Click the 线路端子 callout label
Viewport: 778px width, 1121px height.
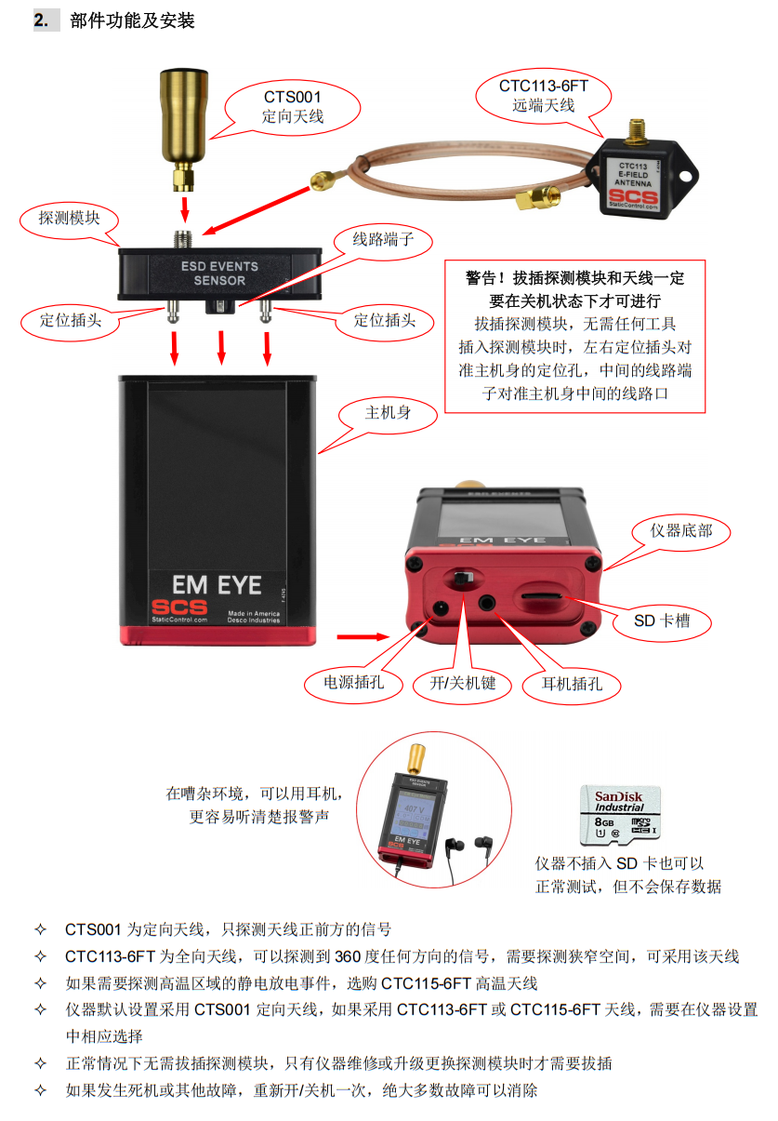pos(377,239)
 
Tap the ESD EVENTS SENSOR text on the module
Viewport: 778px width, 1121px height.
pos(219,273)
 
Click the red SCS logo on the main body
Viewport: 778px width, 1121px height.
pos(176,606)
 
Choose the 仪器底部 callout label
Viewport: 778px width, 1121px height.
pos(682,530)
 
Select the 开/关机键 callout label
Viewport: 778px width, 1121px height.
pos(461,684)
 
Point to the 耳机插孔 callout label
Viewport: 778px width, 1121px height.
pos(572,685)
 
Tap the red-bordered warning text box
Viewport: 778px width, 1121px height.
pos(574,336)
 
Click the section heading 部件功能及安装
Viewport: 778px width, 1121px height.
pos(132,20)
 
